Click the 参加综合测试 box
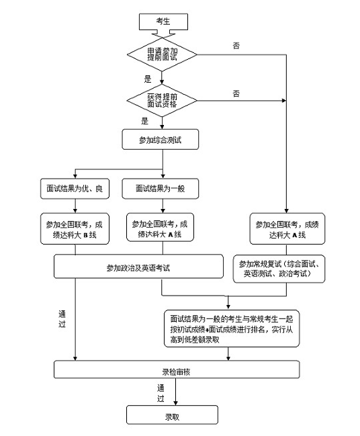[x=162, y=140]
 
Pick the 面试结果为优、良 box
[x=74, y=189]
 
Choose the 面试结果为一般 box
[x=160, y=189]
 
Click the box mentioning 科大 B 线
[x=74, y=229]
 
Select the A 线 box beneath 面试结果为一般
[x=160, y=229]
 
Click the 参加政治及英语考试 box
[x=138, y=267]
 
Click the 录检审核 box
[x=177, y=370]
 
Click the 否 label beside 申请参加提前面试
[x=236, y=45]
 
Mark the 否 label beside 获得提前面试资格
[x=236, y=91]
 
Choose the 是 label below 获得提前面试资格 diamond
[x=144, y=122]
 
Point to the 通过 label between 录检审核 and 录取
[x=161, y=393]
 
